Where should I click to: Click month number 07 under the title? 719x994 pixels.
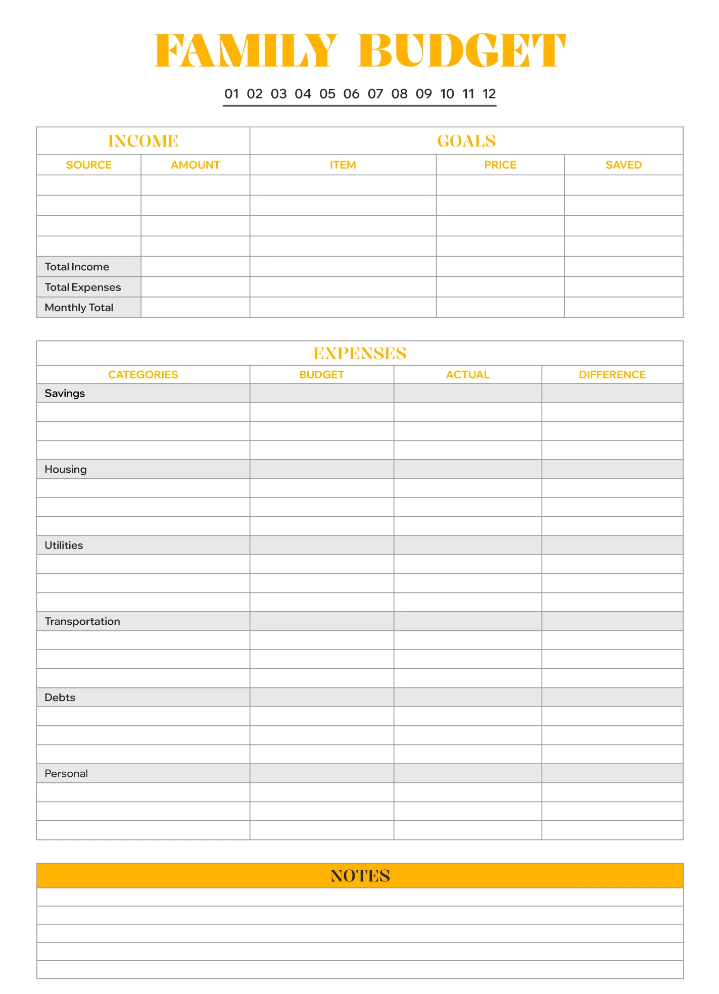(x=375, y=94)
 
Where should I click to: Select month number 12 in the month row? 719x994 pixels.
(x=489, y=94)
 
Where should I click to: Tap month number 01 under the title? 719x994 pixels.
(x=231, y=94)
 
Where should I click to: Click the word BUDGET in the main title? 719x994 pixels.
(x=462, y=51)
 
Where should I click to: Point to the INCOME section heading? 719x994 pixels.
(x=143, y=141)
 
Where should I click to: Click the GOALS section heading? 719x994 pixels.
(x=466, y=141)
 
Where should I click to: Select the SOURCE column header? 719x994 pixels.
(x=89, y=165)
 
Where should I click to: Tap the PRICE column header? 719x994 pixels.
(x=500, y=165)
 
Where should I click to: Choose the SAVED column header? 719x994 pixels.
(x=624, y=165)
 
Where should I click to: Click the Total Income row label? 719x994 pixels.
(x=77, y=267)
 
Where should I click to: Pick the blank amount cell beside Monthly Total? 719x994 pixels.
(x=195, y=308)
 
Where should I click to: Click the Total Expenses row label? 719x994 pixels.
(x=83, y=287)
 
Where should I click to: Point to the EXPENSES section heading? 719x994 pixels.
(x=360, y=354)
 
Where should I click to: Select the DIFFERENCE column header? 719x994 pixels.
(x=612, y=375)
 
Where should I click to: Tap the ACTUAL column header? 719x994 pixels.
(x=468, y=375)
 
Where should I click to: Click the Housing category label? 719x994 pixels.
(x=66, y=469)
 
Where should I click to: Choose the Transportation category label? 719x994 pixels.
(x=82, y=621)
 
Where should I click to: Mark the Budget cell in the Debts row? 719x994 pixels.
(x=322, y=698)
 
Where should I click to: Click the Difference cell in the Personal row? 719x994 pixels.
(x=612, y=773)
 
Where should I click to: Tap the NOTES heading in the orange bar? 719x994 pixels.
(x=360, y=876)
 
